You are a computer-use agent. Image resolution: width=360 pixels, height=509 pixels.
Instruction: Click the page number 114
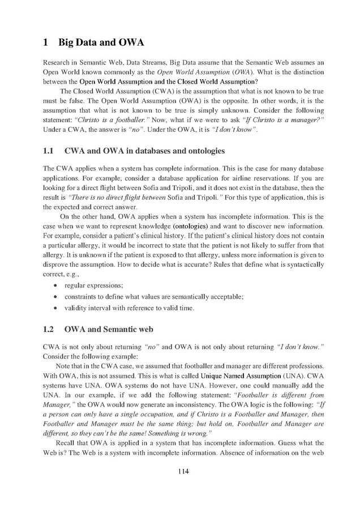181,472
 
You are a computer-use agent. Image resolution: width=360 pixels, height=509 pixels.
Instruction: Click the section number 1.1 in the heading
49,151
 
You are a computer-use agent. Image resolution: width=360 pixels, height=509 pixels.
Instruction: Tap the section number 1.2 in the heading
49,329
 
